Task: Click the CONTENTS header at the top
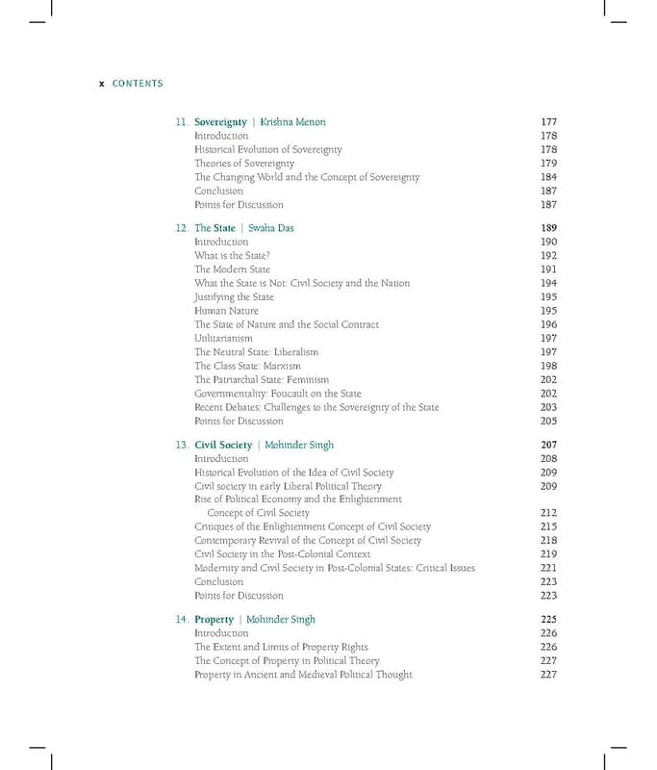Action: tap(138, 84)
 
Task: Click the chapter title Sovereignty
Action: tap(220, 122)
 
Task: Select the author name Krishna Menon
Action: tap(293, 122)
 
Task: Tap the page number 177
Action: tap(549, 122)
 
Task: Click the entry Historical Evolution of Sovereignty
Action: tap(267, 150)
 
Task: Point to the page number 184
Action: tap(549, 177)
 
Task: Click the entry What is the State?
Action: tap(232, 256)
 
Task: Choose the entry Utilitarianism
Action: tap(223, 339)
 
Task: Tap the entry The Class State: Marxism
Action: tap(247, 367)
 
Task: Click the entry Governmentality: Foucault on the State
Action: tap(278, 394)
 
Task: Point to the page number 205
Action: tap(549, 422)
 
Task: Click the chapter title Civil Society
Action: tap(223, 446)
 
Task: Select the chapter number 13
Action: tap(181, 446)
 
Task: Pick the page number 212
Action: tap(549, 513)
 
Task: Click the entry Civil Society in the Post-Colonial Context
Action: tap(281, 554)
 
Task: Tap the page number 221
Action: tap(549, 568)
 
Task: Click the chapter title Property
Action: tap(214, 620)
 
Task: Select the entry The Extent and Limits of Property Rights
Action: tap(281, 648)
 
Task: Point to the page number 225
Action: tap(549, 620)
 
